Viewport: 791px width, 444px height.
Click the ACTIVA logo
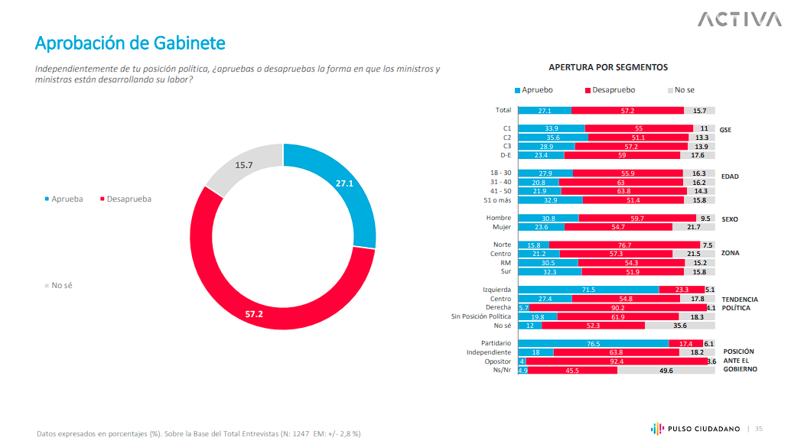coord(738,19)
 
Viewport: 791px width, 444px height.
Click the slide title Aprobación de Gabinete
coord(130,43)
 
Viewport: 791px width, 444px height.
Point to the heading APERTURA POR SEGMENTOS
coord(608,67)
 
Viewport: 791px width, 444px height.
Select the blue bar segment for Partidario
coord(593,344)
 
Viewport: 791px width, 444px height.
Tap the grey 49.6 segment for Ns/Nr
coord(666,371)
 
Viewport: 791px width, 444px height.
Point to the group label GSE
coord(725,130)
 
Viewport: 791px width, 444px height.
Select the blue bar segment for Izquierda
coord(588,290)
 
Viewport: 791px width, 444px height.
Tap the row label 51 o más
coord(496,199)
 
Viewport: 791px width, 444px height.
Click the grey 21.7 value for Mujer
coord(693,227)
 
